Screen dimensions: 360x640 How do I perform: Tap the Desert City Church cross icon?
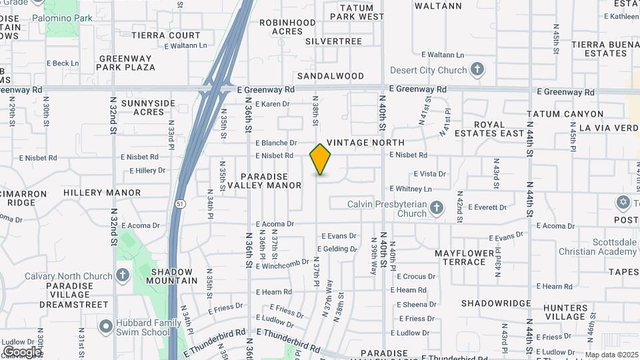477,69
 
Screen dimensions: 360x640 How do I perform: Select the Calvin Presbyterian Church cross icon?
436,209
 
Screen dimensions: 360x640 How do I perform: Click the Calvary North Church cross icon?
122,275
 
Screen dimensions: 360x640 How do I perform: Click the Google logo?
22,352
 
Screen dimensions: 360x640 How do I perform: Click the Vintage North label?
365,143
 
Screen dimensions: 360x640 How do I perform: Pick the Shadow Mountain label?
171,276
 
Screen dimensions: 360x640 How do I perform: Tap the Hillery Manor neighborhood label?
102,193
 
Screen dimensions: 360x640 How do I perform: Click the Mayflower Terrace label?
460,257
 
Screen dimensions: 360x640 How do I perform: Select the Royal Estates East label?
499,129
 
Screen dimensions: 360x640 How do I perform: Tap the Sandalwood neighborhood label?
331,76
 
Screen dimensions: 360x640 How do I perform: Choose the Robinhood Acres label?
287,27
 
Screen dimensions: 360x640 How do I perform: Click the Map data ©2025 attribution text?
611,355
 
